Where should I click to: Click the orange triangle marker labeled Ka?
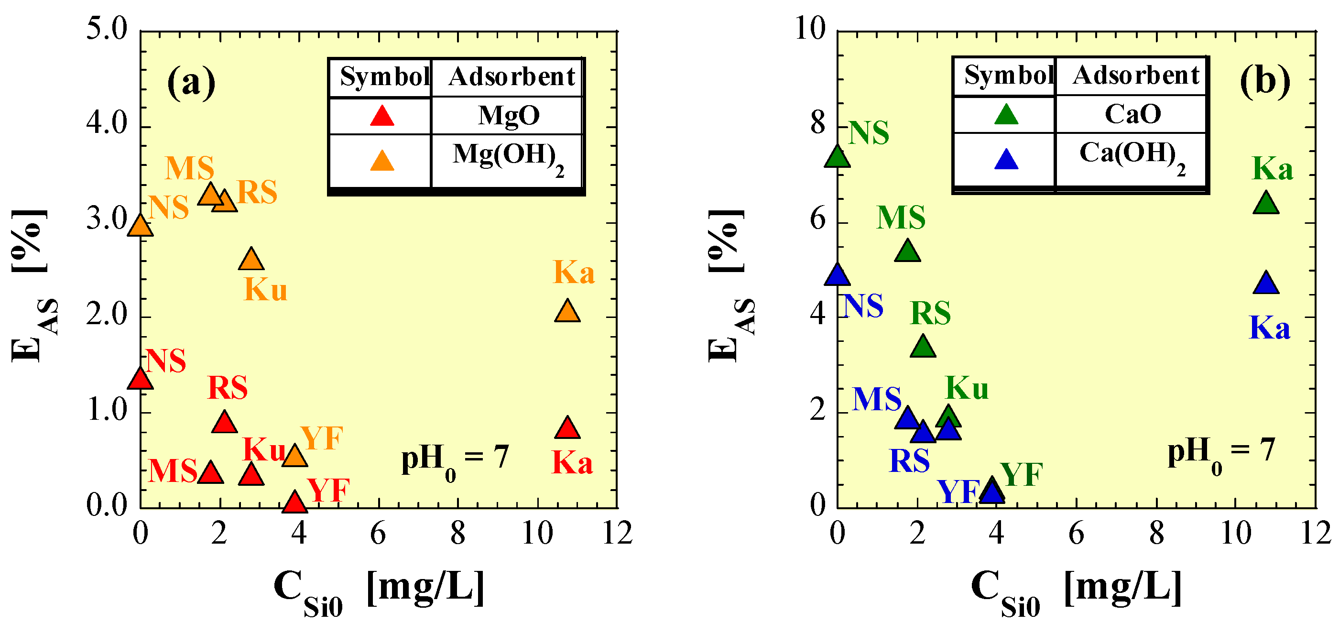[567, 312]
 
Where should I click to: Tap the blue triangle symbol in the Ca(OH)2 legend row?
[1006, 160]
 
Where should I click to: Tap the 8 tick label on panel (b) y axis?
[818, 124]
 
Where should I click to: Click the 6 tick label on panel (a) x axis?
[378, 534]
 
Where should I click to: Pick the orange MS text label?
[190, 168]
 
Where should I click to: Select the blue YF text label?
[958, 492]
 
